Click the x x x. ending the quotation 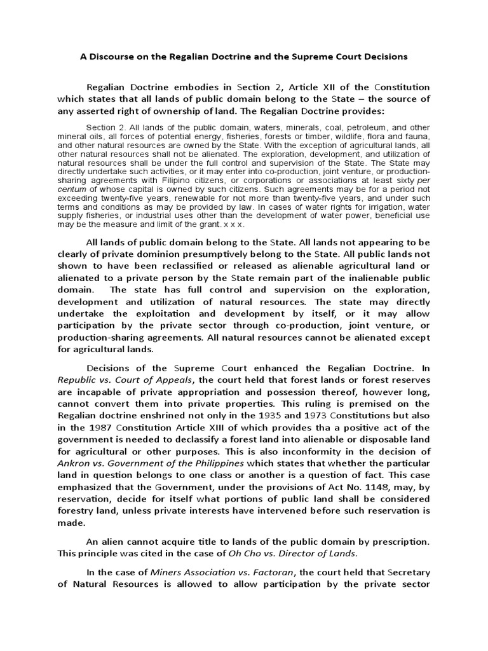coord(236,225)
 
